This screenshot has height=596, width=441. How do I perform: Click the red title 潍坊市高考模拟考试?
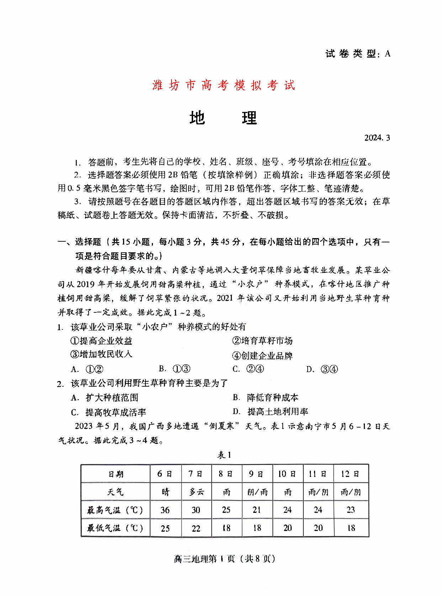coord(224,85)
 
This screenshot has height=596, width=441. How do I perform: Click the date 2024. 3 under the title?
coord(377,138)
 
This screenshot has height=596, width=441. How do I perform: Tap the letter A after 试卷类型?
coord(388,54)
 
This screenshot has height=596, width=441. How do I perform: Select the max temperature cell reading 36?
coord(165,510)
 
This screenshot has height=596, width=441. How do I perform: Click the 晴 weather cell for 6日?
coord(165,492)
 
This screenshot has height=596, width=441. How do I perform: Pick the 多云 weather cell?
coord(196,492)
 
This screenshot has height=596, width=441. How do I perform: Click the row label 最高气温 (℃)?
coord(115,510)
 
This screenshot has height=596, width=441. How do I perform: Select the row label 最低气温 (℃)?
coord(115,528)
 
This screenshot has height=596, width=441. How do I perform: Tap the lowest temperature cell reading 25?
coord(165,528)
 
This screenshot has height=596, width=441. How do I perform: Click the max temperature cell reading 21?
coord(257,510)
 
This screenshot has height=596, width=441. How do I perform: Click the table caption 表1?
coord(224,455)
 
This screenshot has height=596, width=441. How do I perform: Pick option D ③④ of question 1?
coord(322,369)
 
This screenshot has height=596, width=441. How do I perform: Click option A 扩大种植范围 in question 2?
coord(105,398)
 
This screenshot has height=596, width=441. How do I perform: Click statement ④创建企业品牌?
coord(262,356)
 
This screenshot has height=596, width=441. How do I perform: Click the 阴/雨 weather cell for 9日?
coord(257,492)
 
